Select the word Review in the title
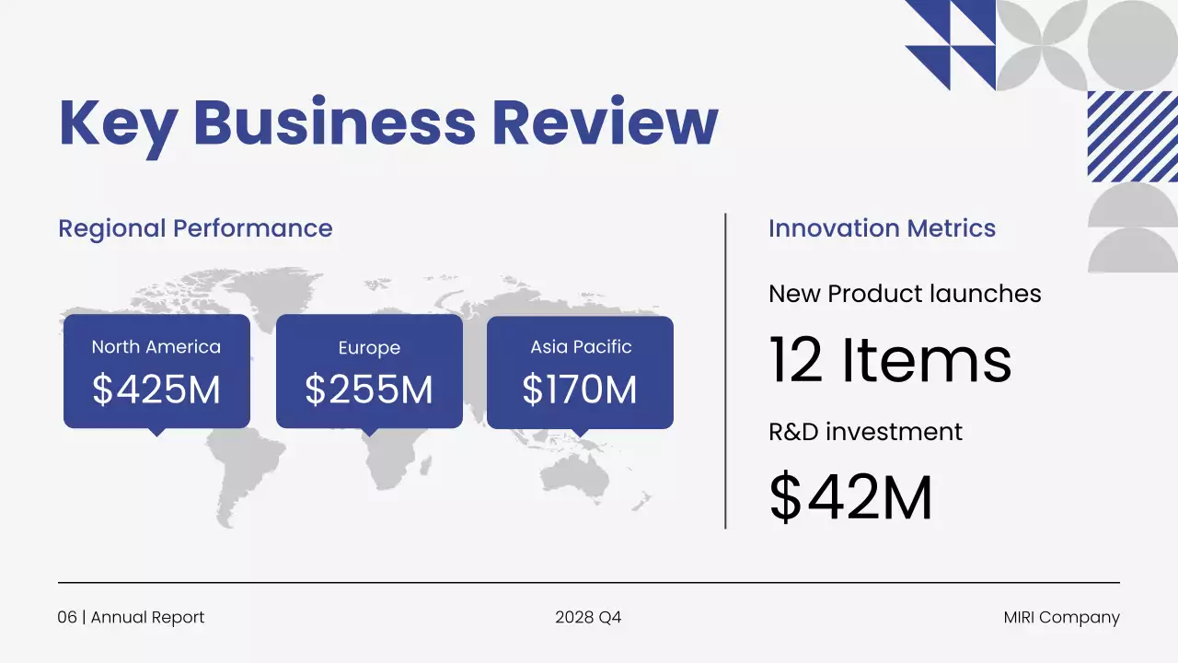[605, 122]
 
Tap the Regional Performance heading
[195, 228]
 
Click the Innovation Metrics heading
[882, 228]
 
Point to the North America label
[156, 347]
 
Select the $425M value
[156, 390]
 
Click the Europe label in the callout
[369, 348]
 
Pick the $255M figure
[369, 390]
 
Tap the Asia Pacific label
[581, 347]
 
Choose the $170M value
[580, 390]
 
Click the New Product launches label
[905, 294]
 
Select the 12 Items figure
[890, 360]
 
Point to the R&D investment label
[865, 432]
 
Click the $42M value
[851, 498]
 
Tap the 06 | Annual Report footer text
[131, 617]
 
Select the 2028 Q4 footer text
[588, 617]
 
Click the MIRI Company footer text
[1061, 617]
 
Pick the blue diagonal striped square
[1132, 136]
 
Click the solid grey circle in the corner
[1133, 44]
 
